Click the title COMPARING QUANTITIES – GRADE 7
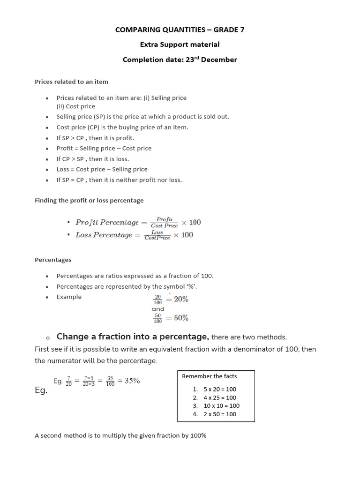(180, 30)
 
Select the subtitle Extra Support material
(180, 45)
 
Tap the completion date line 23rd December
(180, 60)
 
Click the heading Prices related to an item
(71, 82)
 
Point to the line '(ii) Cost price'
(75, 106)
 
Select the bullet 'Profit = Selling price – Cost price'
(104, 148)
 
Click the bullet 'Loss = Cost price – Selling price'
(102, 169)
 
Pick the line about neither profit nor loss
(119, 180)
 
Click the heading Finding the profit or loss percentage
(89, 201)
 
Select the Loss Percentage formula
(134, 235)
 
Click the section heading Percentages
(53, 260)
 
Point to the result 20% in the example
(181, 299)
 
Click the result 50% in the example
(181, 318)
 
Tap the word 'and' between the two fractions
(158, 309)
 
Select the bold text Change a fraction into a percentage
(133, 337)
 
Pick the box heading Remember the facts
(209, 376)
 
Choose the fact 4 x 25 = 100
(220, 397)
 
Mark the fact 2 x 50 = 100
(220, 414)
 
